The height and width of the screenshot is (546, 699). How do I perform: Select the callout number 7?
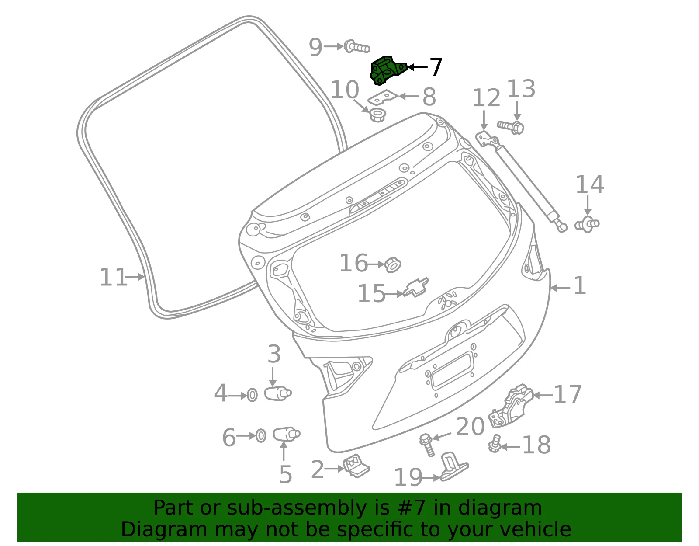pos(436,67)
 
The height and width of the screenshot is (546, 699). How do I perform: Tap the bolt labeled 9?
pos(356,47)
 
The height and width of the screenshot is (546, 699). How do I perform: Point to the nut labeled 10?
pos(377,115)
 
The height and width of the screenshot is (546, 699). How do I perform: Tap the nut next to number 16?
pos(393,264)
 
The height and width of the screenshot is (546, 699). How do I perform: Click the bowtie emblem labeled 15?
pos(416,287)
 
